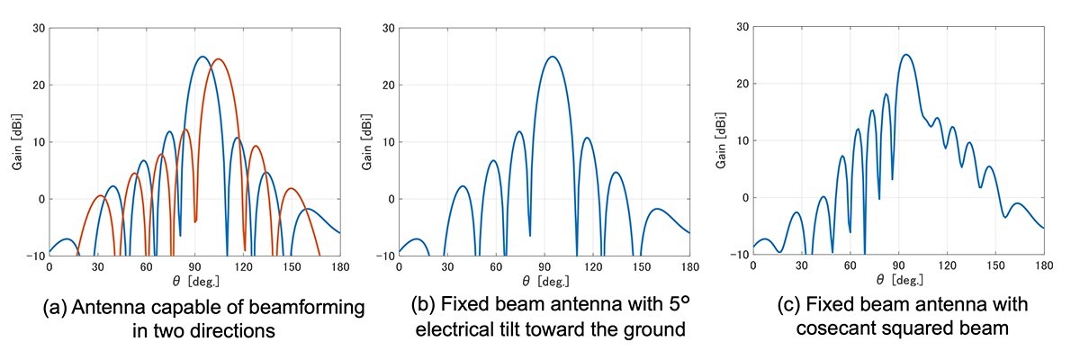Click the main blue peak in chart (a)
pyautogui.click(x=202, y=57)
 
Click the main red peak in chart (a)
pyautogui.click(x=218, y=59)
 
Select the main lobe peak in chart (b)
pyautogui.click(x=553, y=57)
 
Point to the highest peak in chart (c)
pyautogui.click(x=906, y=55)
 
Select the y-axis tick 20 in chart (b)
pyautogui.click(x=387, y=85)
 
